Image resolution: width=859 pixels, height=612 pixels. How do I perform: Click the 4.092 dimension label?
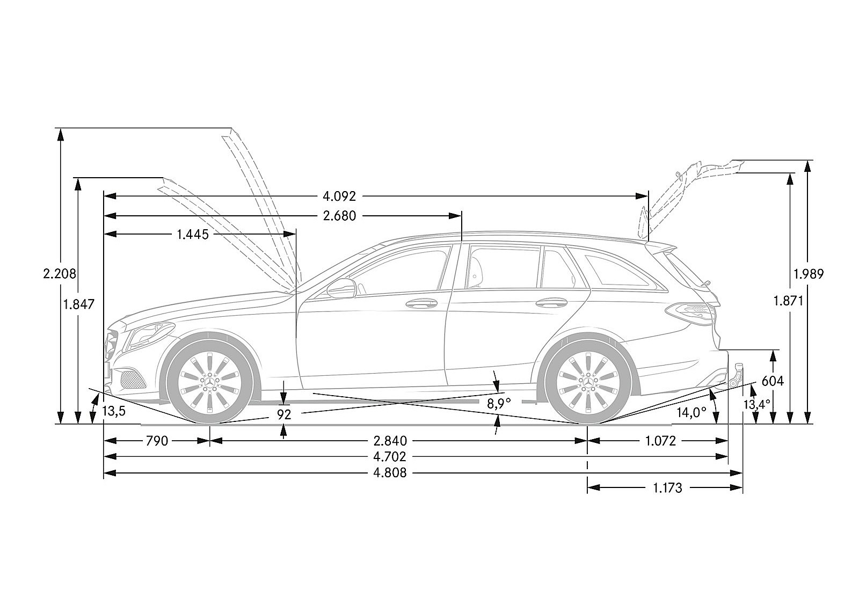point(339,196)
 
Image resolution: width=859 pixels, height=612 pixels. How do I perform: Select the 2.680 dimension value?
point(339,216)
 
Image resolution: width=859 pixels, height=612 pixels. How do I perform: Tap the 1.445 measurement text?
point(193,234)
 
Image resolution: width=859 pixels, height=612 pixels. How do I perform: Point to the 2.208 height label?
point(60,274)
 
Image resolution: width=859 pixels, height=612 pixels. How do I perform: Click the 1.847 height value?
point(78,304)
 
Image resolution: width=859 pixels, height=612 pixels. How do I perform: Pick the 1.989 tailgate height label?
point(809,274)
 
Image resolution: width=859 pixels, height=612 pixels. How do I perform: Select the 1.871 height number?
point(788,301)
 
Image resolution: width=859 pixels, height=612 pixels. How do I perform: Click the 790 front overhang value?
point(157,441)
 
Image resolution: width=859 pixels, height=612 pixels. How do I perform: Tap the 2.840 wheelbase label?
point(390,441)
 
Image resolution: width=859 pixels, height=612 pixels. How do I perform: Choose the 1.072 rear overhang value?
point(660,441)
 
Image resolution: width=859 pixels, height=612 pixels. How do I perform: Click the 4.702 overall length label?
point(390,457)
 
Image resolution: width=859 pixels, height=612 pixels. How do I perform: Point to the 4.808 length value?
point(390,473)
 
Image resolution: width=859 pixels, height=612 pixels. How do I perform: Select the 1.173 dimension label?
point(668,488)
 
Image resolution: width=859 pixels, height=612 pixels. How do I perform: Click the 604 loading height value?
point(773,381)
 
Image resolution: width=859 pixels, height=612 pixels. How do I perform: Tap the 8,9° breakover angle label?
point(499,403)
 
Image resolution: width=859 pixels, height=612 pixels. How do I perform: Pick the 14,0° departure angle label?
point(691,413)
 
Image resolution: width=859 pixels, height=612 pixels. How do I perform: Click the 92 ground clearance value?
point(284,414)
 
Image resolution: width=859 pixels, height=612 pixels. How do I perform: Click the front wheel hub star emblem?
point(210,382)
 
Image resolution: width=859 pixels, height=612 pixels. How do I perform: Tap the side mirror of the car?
point(341,288)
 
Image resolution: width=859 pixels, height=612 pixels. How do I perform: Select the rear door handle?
point(551,303)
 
